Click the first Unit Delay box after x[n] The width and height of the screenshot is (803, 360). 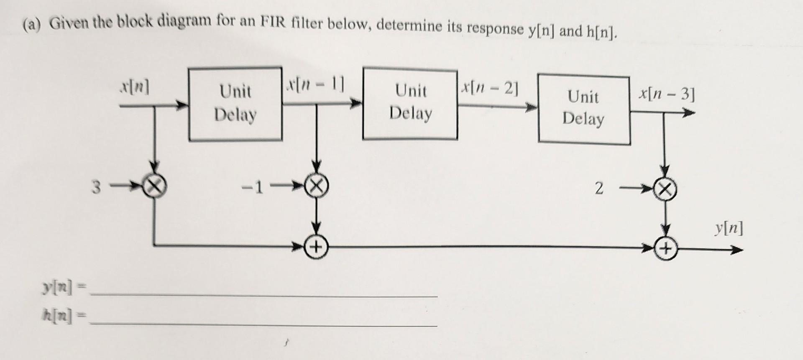235,104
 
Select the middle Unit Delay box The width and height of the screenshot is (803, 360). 410,103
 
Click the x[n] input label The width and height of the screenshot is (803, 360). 135,88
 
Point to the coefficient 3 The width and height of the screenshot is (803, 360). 96,188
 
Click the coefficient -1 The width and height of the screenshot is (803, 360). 253,188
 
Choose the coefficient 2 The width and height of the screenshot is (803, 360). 599,189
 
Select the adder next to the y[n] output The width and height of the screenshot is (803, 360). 666,250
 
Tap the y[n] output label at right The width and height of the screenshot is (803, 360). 729,229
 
